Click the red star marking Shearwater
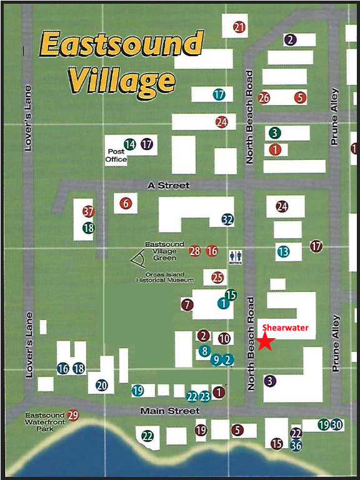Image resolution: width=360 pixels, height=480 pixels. click(x=266, y=342)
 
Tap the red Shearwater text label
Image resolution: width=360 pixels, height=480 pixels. click(x=285, y=327)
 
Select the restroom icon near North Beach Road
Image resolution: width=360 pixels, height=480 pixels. click(x=236, y=256)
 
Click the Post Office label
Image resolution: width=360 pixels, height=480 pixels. click(x=117, y=156)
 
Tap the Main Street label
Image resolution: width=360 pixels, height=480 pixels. click(x=170, y=411)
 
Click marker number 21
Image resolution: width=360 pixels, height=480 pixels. click(x=239, y=27)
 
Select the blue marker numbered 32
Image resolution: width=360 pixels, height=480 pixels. click(x=227, y=219)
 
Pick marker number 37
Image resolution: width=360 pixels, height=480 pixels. click(x=88, y=212)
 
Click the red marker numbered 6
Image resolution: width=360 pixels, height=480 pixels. click(x=126, y=203)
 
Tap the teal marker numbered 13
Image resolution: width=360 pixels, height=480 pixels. click(x=283, y=252)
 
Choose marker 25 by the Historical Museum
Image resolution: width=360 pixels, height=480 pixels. click(x=217, y=277)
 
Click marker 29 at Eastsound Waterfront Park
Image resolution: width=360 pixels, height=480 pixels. click(x=73, y=415)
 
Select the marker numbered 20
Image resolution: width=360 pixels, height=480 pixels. click(x=102, y=386)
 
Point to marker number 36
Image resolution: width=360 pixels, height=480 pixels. click(x=296, y=445)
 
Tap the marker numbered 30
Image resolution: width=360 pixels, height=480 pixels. click(x=337, y=425)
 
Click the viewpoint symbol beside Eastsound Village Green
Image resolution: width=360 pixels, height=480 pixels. click(x=137, y=258)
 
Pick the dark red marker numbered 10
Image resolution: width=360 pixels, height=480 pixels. click(x=224, y=339)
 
